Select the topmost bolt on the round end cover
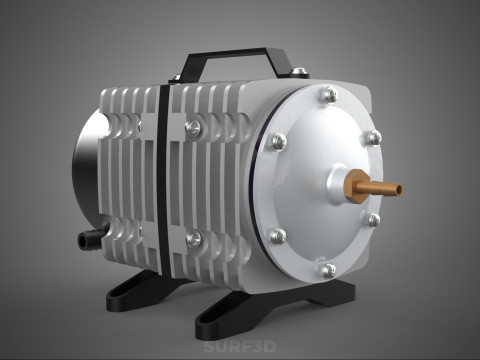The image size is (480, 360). tap(329, 95)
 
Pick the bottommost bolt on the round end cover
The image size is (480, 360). tap(328, 270)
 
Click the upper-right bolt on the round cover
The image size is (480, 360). tap(372, 138)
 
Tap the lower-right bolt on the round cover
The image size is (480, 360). tap(373, 219)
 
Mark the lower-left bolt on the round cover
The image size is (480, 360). tap(278, 236)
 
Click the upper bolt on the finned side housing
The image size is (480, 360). tap(194, 127)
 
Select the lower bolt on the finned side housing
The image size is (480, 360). tap(194, 239)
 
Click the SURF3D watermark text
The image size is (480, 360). tap(239, 349)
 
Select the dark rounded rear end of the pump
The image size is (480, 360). tap(85, 170)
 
